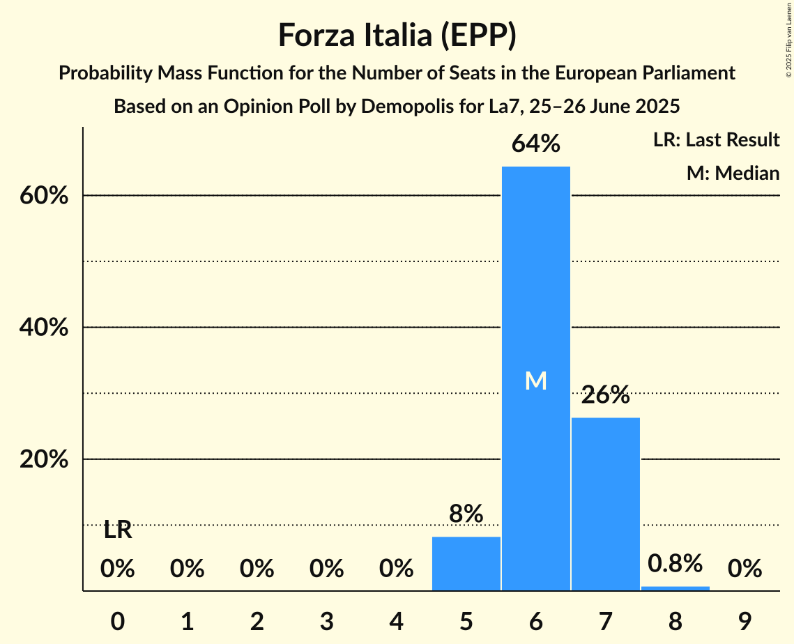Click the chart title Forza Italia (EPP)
click(397, 35)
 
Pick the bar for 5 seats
click(466, 563)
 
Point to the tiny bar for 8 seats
click(675, 588)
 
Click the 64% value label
click(535, 144)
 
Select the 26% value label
click(605, 395)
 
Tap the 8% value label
click(466, 514)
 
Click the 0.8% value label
click(675, 563)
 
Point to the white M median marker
click(535, 381)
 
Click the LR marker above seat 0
click(117, 530)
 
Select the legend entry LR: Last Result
click(716, 140)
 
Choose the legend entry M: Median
click(733, 173)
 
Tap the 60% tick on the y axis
click(43, 196)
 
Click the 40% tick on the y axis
click(43, 328)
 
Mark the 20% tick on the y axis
click(43, 460)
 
